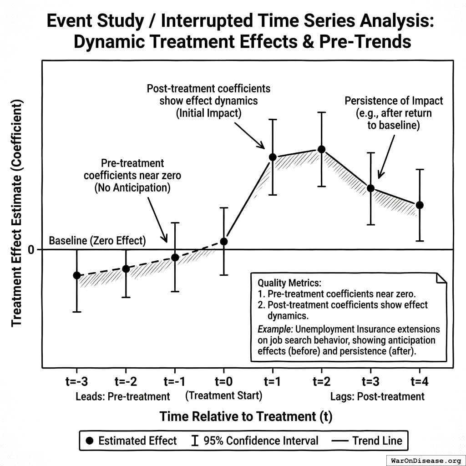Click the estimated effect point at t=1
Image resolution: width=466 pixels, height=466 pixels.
click(x=273, y=157)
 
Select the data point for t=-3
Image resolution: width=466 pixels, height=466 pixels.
click(x=76, y=275)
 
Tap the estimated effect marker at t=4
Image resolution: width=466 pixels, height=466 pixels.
click(x=420, y=205)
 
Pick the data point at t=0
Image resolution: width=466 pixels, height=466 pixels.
click(x=223, y=241)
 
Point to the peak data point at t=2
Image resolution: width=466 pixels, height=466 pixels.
click(x=321, y=149)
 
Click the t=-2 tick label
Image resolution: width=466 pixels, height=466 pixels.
click(x=126, y=381)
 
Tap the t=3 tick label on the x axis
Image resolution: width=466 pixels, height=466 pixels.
click(x=370, y=381)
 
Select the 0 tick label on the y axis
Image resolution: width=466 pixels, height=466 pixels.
click(x=31, y=250)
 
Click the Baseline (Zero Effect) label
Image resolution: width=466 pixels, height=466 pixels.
click(x=97, y=241)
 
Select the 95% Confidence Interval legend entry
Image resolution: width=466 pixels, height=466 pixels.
click(x=255, y=441)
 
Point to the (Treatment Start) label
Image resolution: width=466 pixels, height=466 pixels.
click(x=223, y=395)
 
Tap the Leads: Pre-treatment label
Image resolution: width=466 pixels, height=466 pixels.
click(x=123, y=396)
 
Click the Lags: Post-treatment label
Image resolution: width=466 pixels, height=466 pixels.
click(x=377, y=396)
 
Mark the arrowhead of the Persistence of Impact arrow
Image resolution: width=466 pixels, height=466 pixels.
click(x=380, y=177)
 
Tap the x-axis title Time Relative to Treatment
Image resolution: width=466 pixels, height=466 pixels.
click(x=246, y=416)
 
